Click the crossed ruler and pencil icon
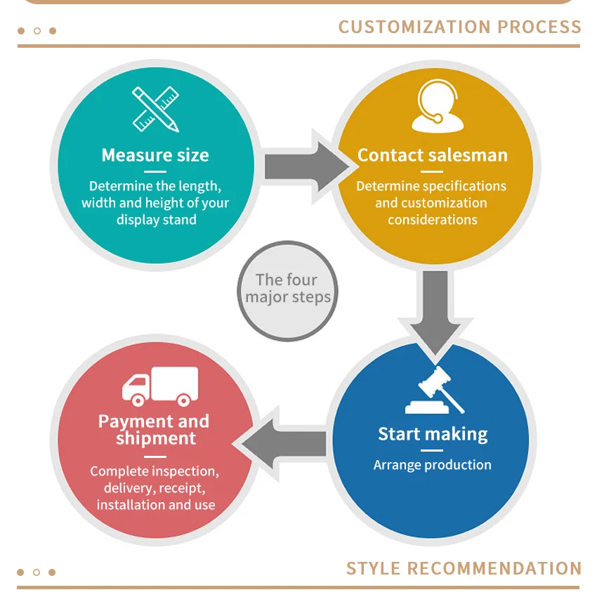(155, 109)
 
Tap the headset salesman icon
(438, 106)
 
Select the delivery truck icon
(160, 386)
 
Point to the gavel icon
(435, 390)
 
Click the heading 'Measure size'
(155, 155)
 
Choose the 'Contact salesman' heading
(433, 155)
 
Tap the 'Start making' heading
(433, 434)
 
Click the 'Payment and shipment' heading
(155, 429)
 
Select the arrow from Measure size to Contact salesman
(307, 166)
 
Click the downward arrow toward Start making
(435, 313)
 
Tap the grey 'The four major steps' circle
(287, 291)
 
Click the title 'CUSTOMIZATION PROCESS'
(460, 27)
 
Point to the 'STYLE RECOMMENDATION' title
(464, 568)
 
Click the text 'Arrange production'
(433, 465)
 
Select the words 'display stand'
(157, 220)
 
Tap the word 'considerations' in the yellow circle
(433, 220)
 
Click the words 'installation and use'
(156, 505)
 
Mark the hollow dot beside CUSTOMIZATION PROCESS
(37, 31)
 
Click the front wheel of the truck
(138, 400)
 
